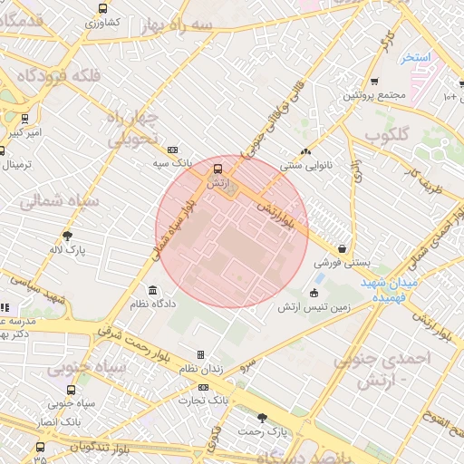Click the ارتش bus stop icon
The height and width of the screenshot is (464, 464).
click(x=217, y=169)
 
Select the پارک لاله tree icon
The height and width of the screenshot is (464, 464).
click(x=67, y=235)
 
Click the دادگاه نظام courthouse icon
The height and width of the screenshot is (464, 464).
click(x=152, y=291)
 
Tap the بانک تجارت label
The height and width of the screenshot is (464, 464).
click(x=202, y=400)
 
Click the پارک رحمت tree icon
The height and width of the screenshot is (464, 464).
click(x=263, y=418)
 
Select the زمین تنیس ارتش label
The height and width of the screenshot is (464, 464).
click(x=314, y=306)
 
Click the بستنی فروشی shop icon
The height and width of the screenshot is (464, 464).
click(x=342, y=247)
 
